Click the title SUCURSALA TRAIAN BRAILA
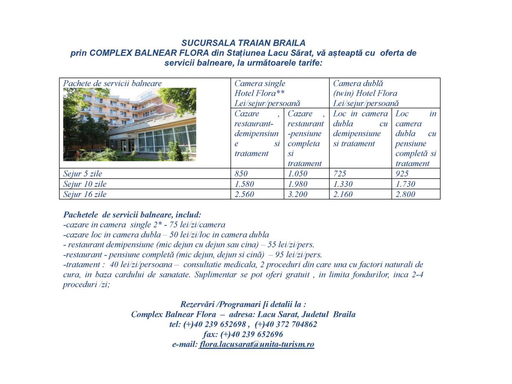[x=243, y=43]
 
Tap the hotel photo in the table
[x=130, y=124]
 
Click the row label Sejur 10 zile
[x=85, y=184]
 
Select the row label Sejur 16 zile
[x=85, y=194]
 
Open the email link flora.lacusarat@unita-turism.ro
[x=256, y=344]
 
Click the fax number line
[x=243, y=335]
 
